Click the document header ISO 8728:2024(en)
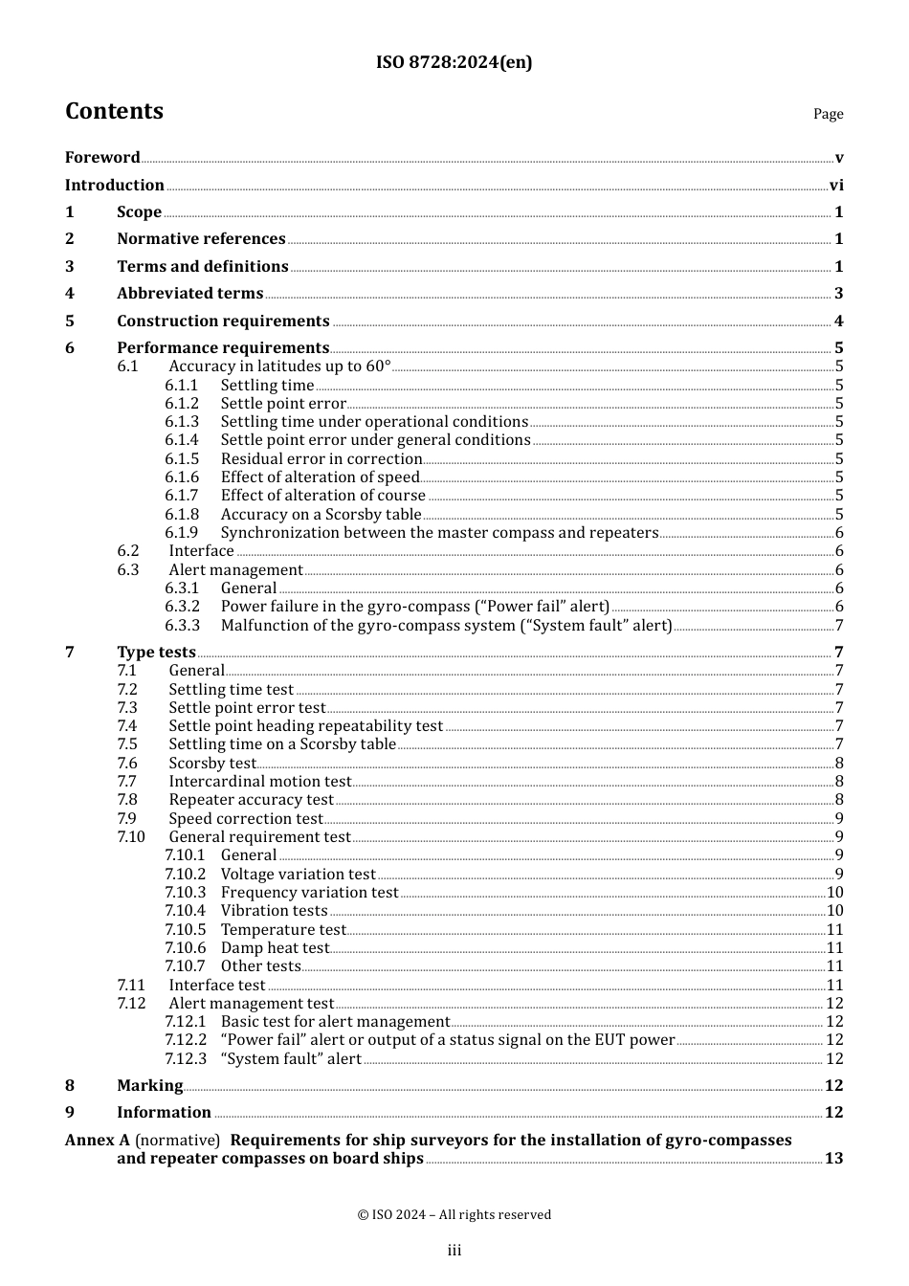tap(454, 62)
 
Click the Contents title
tap(114, 111)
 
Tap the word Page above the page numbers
tap(828, 114)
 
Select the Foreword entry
tap(102, 157)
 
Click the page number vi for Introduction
tap(836, 185)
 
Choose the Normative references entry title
tap(201, 238)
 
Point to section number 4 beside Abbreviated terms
tap(70, 294)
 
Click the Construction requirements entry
tap(223, 321)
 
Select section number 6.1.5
tap(182, 458)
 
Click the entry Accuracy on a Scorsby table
tap(321, 514)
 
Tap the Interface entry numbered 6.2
tap(201, 551)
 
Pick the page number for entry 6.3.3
tap(839, 626)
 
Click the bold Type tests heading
tap(156, 652)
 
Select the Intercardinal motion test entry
tap(260, 782)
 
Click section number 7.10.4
tap(185, 911)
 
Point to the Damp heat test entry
tap(275, 948)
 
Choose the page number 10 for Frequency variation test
tap(834, 893)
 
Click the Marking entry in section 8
tap(149, 1085)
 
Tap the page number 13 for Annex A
tap(833, 1159)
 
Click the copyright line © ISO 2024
tap(454, 1214)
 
